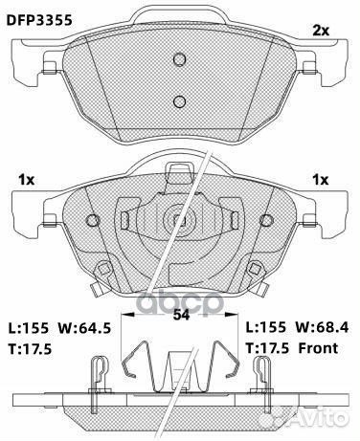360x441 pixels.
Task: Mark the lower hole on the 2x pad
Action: click(x=179, y=102)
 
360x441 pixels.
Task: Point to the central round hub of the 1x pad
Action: click(x=179, y=222)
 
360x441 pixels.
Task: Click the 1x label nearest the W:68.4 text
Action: click(x=322, y=180)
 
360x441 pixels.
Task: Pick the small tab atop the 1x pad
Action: click(x=179, y=174)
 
